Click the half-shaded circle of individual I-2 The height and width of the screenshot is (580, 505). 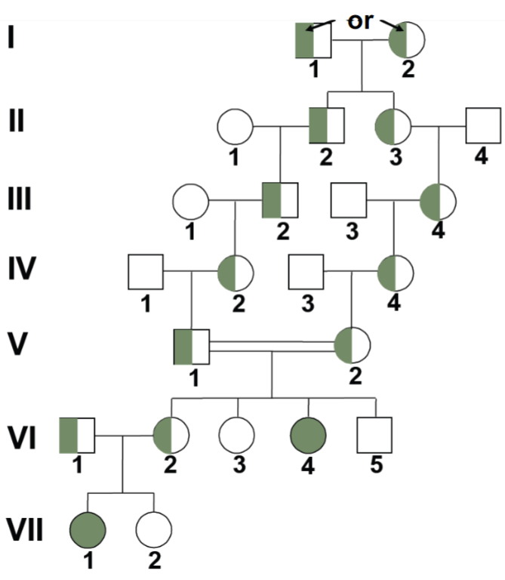408,40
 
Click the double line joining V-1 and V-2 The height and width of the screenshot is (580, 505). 272,346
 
